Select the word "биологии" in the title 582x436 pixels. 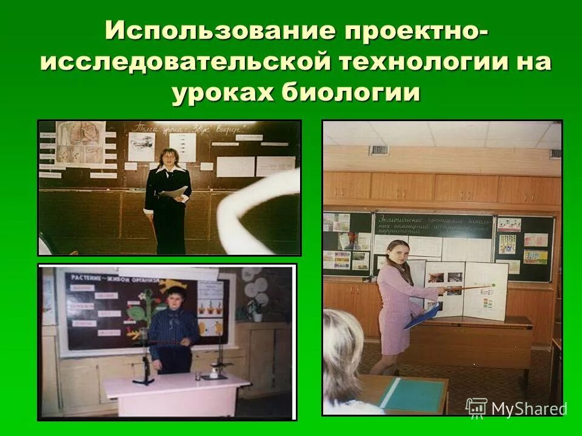[x=352, y=94]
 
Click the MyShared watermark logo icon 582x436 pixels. [x=476, y=408]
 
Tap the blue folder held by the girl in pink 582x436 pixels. [x=421, y=315]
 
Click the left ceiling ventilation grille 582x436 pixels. [x=378, y=150]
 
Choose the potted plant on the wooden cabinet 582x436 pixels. [x=256, y=309]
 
